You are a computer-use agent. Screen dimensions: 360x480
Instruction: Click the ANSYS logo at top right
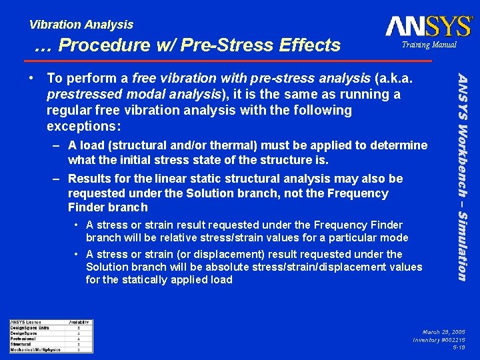[x=428, y=26]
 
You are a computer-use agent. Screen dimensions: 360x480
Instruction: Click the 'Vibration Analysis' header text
[x=81, y=25]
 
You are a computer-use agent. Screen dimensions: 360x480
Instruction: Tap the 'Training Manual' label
[x=429, y=45]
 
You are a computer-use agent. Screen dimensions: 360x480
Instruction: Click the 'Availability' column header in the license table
[x=79, y=323]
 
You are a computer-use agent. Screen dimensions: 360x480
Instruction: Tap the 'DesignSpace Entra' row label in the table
[x=29, y=328]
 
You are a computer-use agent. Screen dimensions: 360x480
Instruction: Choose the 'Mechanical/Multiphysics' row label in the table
[x=35, y=349]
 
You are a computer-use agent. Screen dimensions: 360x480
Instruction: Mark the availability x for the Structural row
[x=79, y=344]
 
